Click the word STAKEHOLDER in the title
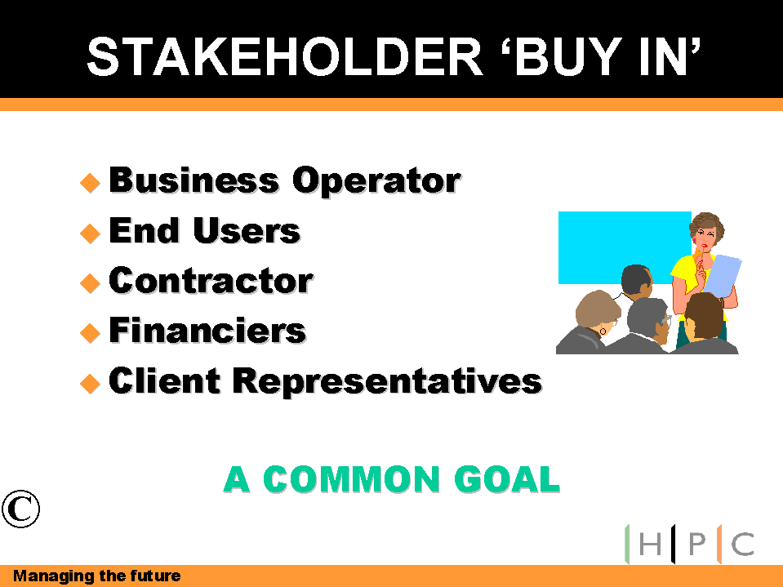click(285, 57)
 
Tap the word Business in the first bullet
click(194, 180)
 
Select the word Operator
click(376, 180)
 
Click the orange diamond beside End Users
click(91, 233)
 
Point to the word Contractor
click(211, 281)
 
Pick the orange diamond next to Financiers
click(91, 333)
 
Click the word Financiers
click(207, 330)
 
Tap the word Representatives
click(387, 382)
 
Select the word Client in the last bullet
click(164, 380)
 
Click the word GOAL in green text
click(507, 479)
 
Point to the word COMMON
click(351, 479)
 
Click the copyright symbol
click(20, 509)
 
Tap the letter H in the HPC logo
click(650, 544)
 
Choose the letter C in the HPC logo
click(742, 544)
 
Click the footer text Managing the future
click(96, 576)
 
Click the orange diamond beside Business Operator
click(91, 183)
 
